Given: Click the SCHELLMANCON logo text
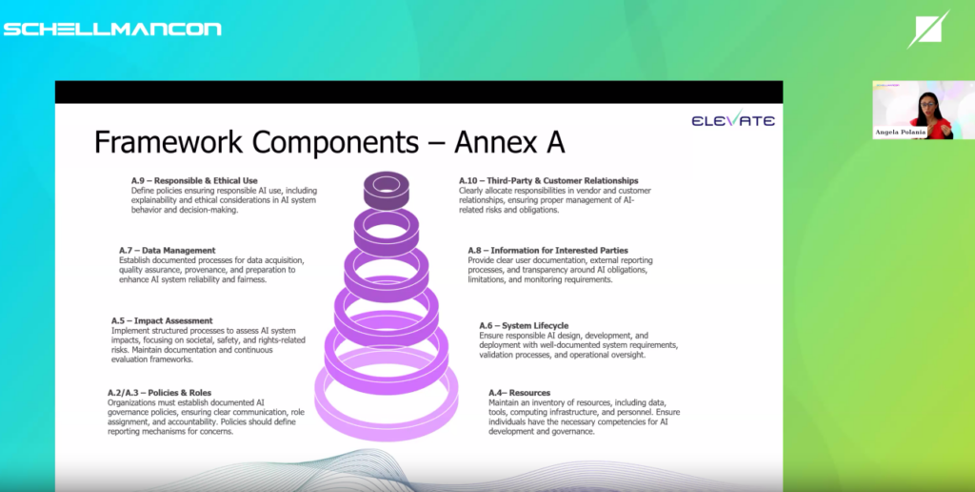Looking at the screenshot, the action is pyautogui.click(x=112, y=30).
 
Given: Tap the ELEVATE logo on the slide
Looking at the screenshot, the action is pyautogui.click(x=733, y=118).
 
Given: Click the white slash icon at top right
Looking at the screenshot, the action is pyautogui.click(x=927, y=30).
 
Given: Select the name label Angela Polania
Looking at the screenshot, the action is pyautogui.click(x=901, y=133).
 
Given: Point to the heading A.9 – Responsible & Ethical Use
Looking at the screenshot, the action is pyautogui.click(x=194, y=180).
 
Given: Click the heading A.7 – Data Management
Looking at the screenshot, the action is pyautogui.click(x=168, y=251).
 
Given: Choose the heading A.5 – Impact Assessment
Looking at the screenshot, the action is pyautogui.click(x=162, y=320).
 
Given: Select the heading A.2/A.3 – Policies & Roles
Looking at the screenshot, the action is pyautogui.click(x=159, y=393).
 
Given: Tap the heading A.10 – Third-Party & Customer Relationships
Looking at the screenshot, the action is pyautogui.click(x=548, y=180).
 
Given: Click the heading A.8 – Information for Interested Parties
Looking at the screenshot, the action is pyautogui.click(x=547, y=251).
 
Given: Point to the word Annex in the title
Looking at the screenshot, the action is pyautogui.click(x=496, y=143).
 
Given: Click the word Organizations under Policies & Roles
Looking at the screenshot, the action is pyautogui.click(x=131, y=403).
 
